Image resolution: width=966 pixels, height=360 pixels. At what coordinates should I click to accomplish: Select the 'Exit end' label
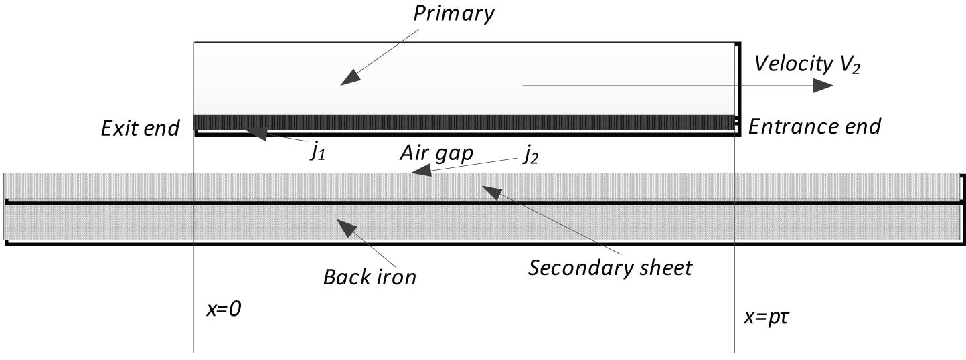click(x=140, y=127)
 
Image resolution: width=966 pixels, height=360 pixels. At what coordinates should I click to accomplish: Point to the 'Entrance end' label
click(x=814, y=126)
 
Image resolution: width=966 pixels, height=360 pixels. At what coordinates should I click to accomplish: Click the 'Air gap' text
click(x=436, y=153)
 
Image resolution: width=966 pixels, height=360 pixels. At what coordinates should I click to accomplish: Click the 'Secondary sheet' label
click(x=610, y=268)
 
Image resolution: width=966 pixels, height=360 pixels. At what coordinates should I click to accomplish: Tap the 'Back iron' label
click(x=370, y=276)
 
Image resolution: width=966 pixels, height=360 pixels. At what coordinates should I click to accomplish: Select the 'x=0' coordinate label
click(x=224, y=310)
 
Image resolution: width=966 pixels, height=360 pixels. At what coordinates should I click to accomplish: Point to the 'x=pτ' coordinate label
click(x=767, y=314)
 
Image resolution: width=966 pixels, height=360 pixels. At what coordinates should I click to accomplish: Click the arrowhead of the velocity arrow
click(x=822, y=85)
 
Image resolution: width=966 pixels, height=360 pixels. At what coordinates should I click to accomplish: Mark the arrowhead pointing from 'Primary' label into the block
click(x=348, y=79)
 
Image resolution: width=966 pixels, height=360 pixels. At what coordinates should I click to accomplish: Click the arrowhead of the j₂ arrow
click(x=421, y=173)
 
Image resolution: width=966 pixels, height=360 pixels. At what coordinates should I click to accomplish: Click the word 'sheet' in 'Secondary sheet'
click(x=663, y=268)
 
